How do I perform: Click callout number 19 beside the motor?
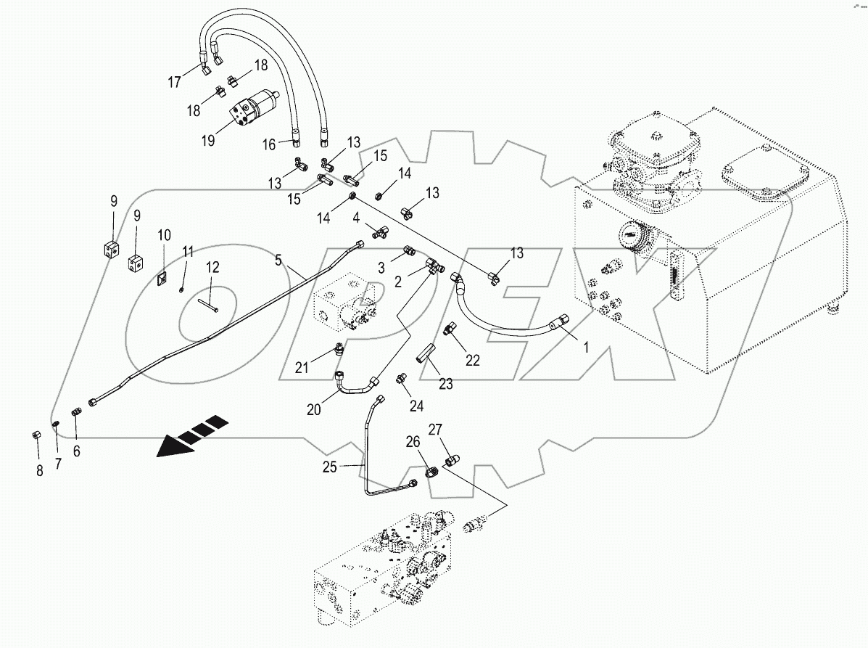[x=208, y=140]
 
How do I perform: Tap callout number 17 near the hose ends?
[x=175, y=82]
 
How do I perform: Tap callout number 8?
[x=40, y=470]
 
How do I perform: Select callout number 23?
[x=445, y=384]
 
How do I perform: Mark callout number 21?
[x=302, y=368]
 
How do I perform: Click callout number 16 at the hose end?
[x=268, y=145]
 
